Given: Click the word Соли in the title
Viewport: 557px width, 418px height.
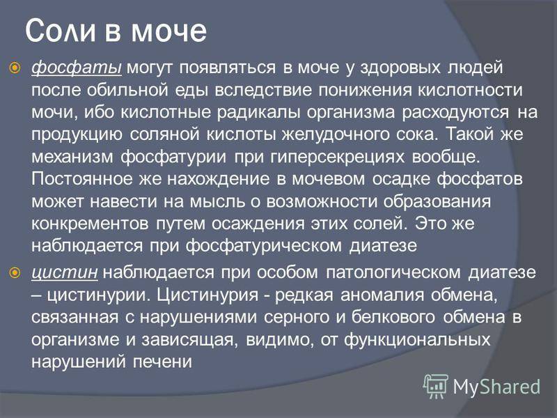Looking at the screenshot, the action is [x=61, y=31].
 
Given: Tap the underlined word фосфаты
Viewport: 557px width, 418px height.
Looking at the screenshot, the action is [x=77, y=68].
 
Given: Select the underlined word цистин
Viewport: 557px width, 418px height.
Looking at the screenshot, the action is [x=65, y=273].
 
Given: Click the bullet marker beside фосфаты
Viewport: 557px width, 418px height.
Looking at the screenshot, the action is [x=15, y=67].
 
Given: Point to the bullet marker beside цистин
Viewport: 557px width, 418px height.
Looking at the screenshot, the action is [x=15, y=272].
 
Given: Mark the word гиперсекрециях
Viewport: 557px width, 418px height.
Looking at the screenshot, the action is [x=337, y=157].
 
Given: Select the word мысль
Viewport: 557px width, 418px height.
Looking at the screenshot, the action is [x=217, y=201].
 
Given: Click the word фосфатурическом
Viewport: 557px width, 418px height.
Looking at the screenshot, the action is [x=263, y=246].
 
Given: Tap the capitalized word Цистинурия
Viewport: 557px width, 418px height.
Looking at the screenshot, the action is [x=207, y=295].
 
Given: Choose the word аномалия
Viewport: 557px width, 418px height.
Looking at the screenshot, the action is [x=382, y=295].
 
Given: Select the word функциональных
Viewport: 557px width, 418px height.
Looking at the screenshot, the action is [x=416, y=340].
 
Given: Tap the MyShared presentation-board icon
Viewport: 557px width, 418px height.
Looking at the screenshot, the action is [x=436, y=387].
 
